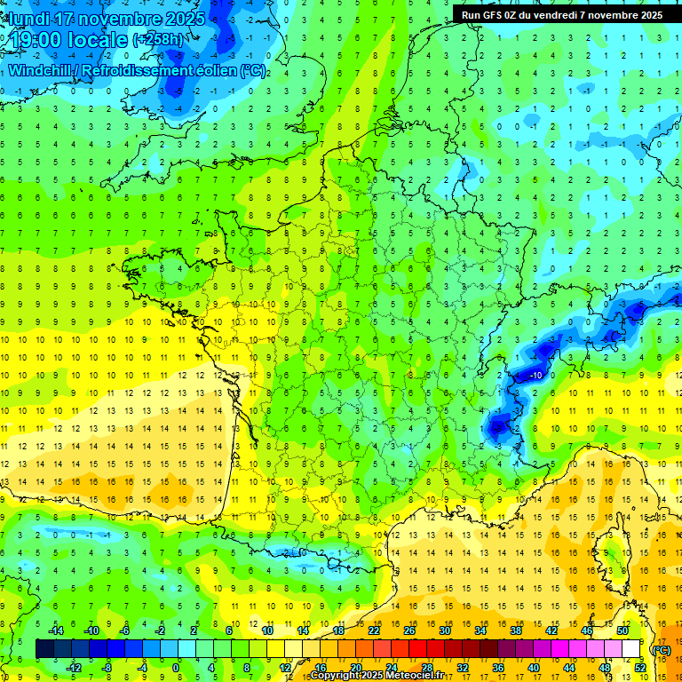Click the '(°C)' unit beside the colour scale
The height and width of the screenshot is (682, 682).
[x=661, y=649]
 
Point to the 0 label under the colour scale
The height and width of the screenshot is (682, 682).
[x=175, y=667]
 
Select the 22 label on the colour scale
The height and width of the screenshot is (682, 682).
[x=374, y=630]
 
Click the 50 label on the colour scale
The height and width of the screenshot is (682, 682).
[x=623, y=630]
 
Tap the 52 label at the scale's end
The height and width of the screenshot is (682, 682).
[x=640, y=667]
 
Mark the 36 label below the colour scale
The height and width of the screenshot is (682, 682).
[x=498, y=667]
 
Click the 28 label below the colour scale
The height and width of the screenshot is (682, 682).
[x=427, y=667]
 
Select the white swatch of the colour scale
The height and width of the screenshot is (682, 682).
[x=631, y=648]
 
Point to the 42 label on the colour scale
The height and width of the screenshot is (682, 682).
[x=551, y=630]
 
